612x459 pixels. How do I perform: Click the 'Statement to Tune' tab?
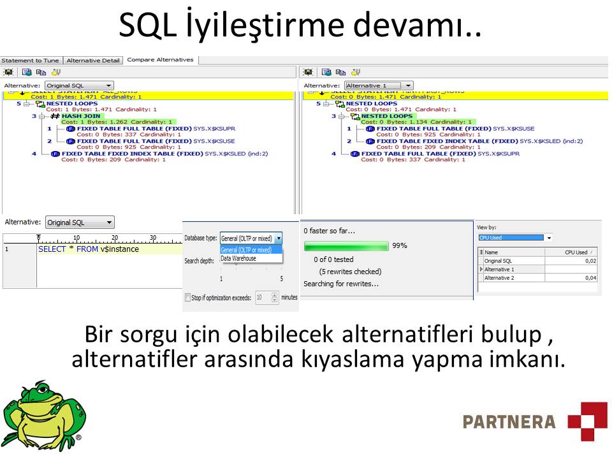30,61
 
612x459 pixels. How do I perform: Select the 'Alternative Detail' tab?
93,61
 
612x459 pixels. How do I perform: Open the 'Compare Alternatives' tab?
160,60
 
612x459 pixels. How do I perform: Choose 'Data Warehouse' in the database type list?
238,259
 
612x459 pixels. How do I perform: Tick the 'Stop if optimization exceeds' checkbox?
187,298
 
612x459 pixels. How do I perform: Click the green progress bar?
346,245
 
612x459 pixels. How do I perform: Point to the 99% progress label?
400,245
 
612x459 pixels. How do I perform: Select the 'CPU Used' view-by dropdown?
515,238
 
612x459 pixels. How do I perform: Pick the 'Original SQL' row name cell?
498,261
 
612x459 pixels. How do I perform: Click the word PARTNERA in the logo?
509,421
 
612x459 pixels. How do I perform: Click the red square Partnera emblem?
587,421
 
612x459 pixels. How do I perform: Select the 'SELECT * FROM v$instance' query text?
89,249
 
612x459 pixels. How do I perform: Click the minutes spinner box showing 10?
263,298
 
